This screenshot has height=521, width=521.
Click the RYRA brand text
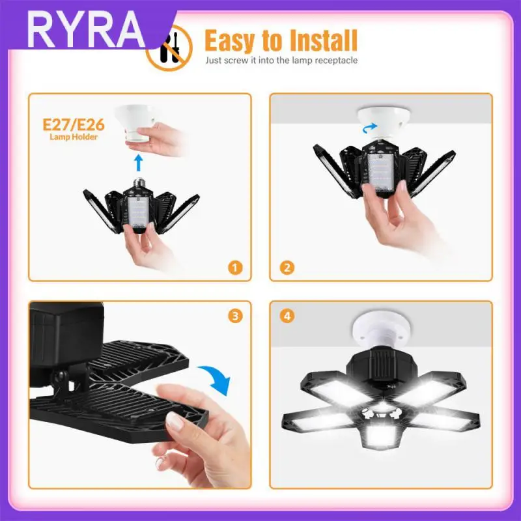click(x=85, y=30)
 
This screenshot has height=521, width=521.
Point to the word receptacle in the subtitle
click(x=336, y=61)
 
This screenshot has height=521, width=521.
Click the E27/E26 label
click(x=74, y=124)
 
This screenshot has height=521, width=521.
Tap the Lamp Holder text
click(x=74, y=137)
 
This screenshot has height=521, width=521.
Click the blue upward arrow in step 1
click(x=139, y=162)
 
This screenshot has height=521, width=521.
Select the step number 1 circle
click(x=235, y=268)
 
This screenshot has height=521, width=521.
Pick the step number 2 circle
click(x=287, y=268)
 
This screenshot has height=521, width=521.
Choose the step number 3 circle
click(x=235, y=316)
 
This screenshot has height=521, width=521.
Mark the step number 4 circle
click(x=287, y=316)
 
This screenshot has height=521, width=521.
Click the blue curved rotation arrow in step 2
click(x=369, y=128)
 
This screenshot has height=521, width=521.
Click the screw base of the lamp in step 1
click(x=139, y=184)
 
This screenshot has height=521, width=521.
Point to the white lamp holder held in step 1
click(x=135, y=122)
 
